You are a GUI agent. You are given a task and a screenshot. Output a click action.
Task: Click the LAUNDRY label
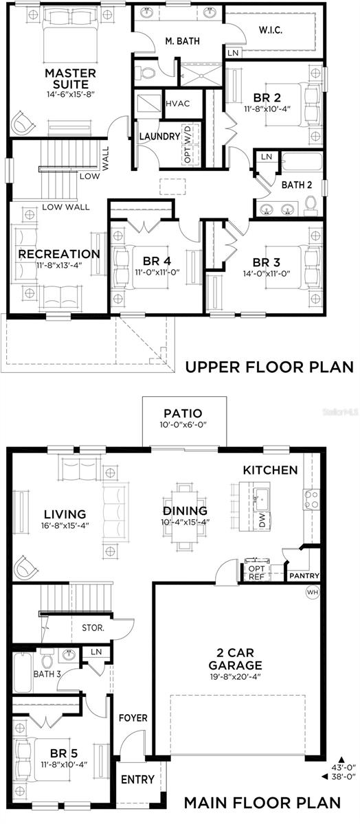(x=159, y=136)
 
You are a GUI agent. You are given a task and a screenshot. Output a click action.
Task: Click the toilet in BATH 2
(x=310, y=204)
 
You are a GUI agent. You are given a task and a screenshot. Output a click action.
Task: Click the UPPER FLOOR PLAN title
(x=269, y=367)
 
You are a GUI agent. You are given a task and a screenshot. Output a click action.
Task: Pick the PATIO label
(x=183, y=413)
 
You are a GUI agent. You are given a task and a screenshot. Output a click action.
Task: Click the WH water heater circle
(x=312, y=591)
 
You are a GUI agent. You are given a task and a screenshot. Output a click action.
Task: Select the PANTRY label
(x=303, y=575)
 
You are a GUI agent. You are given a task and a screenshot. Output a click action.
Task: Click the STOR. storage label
(x=93, y=627)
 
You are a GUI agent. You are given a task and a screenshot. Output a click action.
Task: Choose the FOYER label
(x=133, y=718)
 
